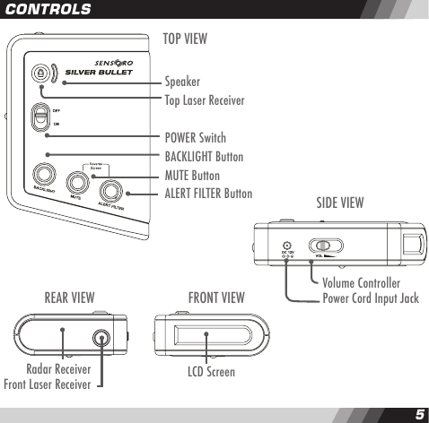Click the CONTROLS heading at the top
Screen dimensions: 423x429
[47, 9]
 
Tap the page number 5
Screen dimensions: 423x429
[418, 414]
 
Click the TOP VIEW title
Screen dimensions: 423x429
[185, 39]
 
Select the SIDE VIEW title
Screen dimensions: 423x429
[340, 203]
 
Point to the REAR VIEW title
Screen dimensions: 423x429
[69, 298]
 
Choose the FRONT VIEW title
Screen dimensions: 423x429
[215, 298]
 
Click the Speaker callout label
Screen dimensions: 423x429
[181, 82]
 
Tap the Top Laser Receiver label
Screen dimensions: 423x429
[204, 100]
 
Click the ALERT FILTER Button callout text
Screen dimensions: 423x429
[207, 193]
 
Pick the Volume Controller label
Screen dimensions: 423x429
[361, 283]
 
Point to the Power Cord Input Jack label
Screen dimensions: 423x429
[370, 298]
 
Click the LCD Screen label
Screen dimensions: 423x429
[211, 370]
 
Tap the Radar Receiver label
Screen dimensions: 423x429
[59, 368]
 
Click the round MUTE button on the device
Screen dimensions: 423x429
[77, 183]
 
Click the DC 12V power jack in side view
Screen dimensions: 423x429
[286, 246]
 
